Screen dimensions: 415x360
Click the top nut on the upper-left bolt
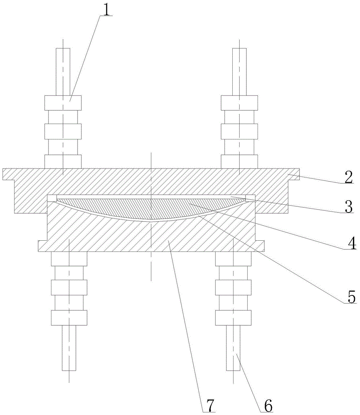coord(63,103)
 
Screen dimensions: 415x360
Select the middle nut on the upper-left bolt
coord(63,132)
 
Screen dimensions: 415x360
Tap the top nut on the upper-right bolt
coord(240,103)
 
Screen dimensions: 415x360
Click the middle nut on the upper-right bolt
coord(240,132)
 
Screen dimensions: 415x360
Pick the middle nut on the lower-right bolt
coord(233,287)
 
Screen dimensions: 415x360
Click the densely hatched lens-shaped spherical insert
coord(151,207)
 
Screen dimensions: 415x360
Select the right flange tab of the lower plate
coord(260,246)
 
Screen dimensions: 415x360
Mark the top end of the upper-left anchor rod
coord(63,50)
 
